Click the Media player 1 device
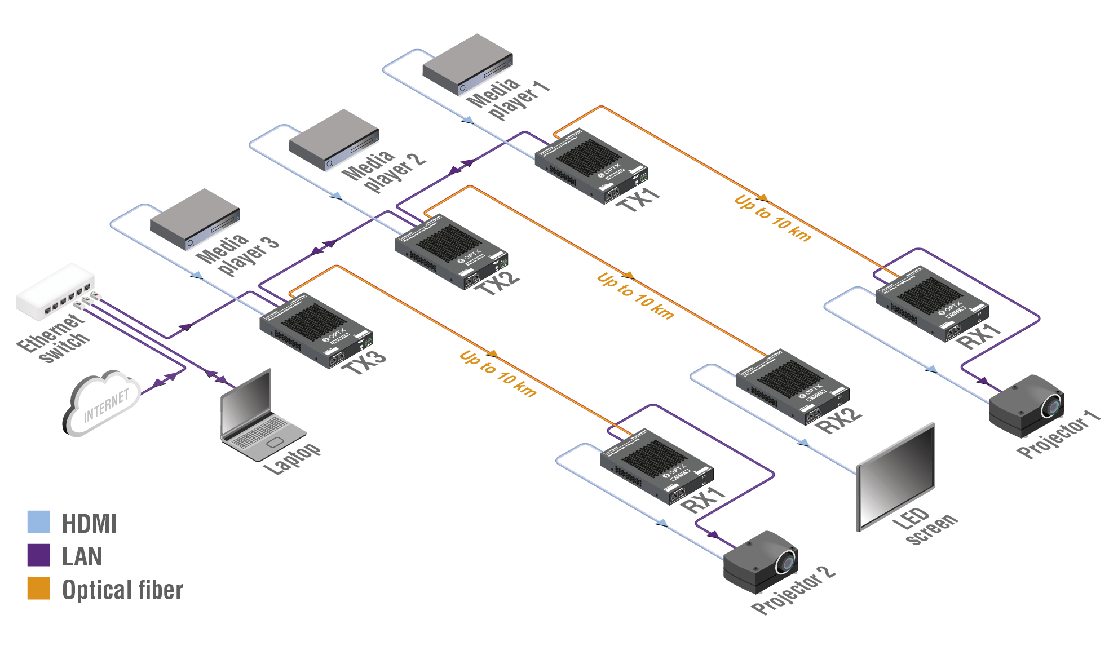(467, 63)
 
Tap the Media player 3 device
(194, 218)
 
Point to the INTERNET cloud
(101, 403)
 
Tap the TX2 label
(497, 282)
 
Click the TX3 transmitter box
(316, 333)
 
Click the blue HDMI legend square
(39, 522)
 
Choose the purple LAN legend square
(39, 555)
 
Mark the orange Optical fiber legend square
(39, 588)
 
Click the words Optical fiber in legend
(122, 590)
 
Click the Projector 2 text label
(793, 590)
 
